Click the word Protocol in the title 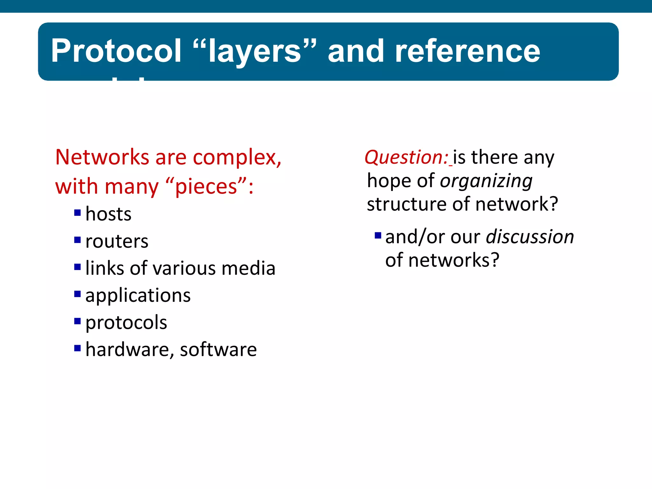point(116,51)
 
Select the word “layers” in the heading point(255,51)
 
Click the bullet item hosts point(108,214)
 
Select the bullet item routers point(117,241)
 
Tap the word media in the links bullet point(248,268)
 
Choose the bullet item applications point(138,295)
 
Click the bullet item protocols point(126,322)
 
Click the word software point(218,350)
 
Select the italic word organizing point(486,181)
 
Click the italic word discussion point(530,237)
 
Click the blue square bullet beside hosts point(77,213)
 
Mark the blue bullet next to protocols point(77,321)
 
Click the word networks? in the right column point(454,260)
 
